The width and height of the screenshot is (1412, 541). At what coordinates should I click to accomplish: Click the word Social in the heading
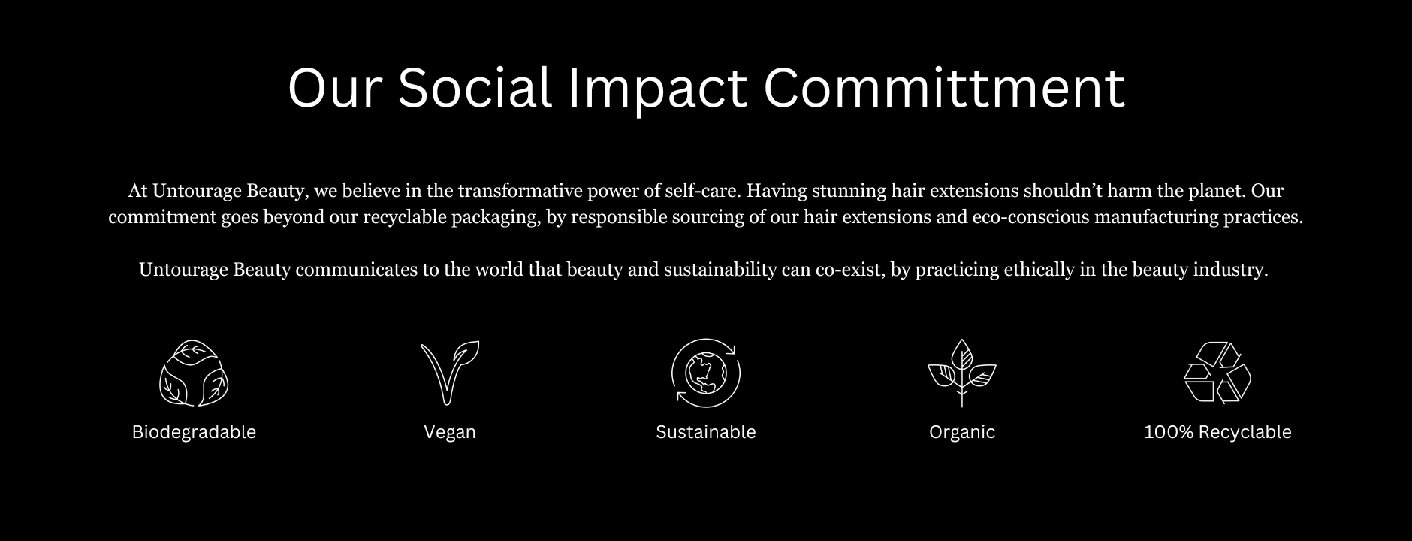[x=475, y=87]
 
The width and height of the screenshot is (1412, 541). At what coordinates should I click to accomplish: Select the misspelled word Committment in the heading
[x=944, y=87]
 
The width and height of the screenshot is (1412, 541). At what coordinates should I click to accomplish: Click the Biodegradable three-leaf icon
[x=194, y=373]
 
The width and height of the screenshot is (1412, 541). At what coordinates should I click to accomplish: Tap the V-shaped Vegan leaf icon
[x=449, y=373]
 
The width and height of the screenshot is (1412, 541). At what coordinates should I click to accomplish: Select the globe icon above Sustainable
[x=705, y=373]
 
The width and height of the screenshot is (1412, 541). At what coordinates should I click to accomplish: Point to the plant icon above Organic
[x=961, y=373]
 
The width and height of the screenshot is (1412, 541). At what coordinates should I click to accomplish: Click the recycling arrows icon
[x=1217, y=373]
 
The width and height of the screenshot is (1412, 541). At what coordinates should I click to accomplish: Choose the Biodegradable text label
[x=194, y=432]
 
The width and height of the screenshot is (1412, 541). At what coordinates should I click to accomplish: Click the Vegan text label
[x=449, y=433]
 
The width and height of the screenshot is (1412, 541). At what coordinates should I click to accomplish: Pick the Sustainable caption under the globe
[x=705, y=432]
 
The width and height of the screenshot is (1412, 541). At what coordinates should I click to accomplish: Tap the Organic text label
[x=961, y=433]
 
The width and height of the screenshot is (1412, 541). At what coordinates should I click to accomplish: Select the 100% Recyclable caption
[x=1217, y=432]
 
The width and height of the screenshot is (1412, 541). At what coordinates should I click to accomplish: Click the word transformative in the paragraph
[x=518, y=191]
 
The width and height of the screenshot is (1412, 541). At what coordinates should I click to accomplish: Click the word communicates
[x=357, y=270]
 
